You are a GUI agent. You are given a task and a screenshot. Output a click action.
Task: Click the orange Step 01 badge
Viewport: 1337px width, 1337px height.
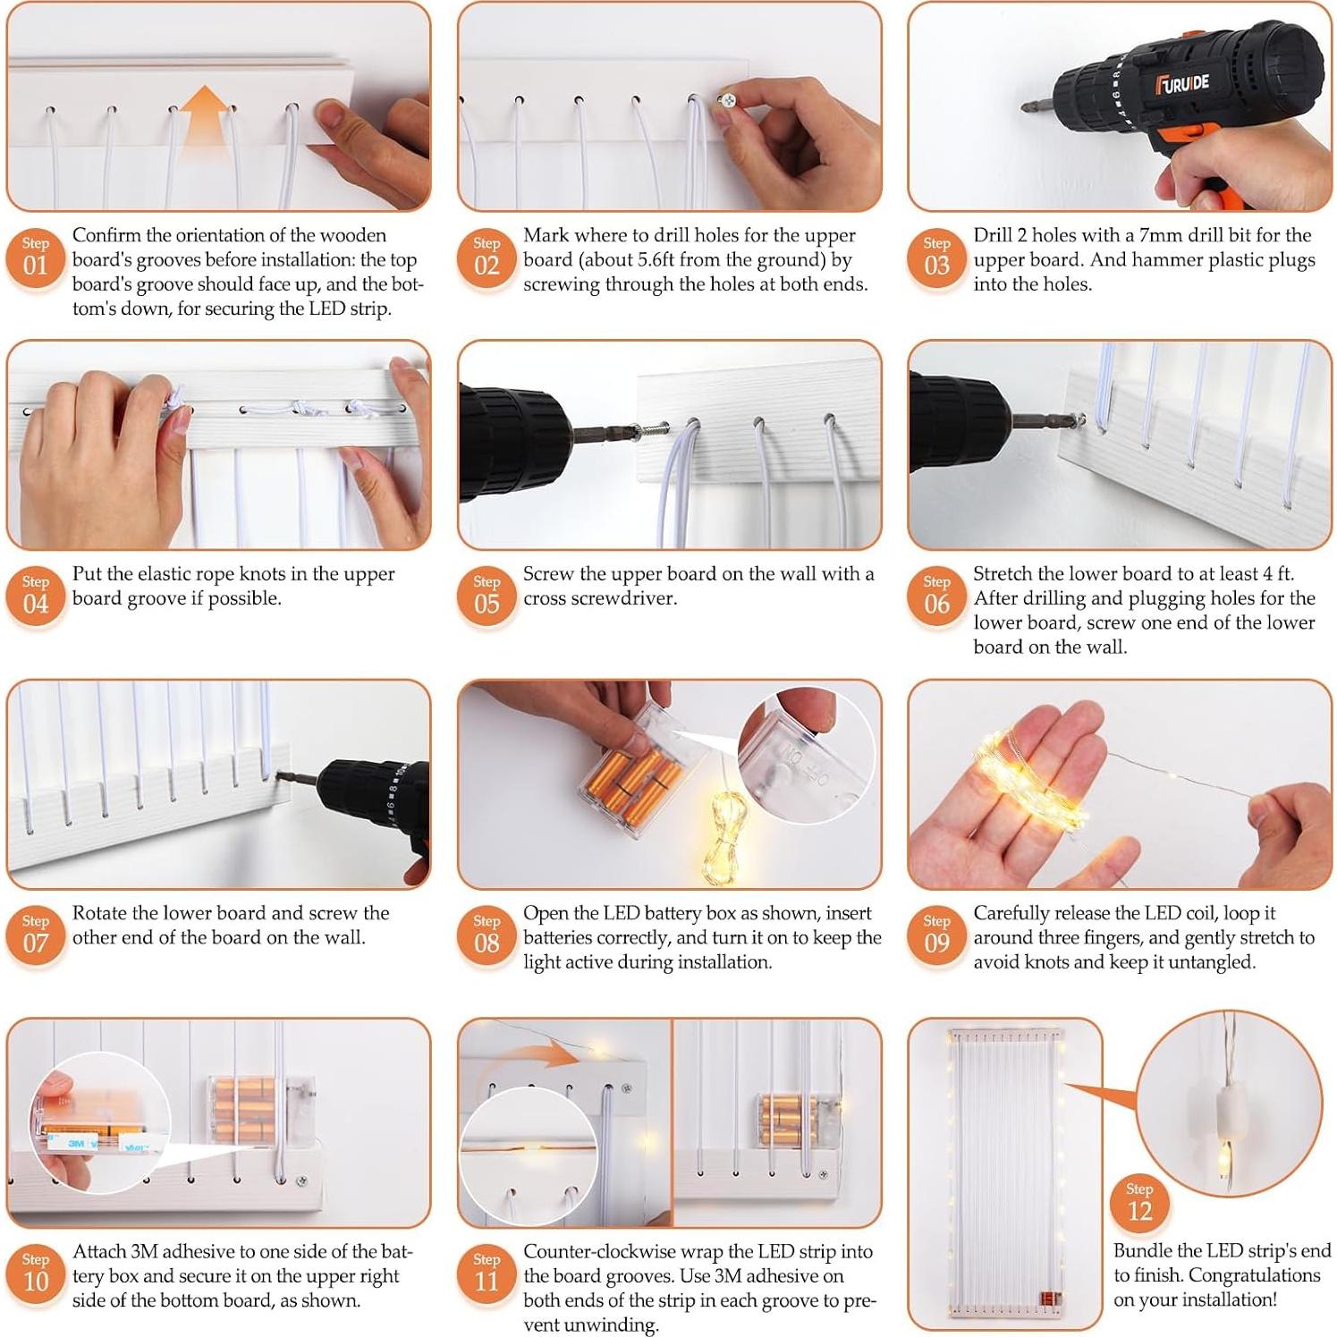(x=36, y=258)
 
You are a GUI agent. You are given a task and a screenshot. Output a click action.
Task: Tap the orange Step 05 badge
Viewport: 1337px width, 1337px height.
(x=487, y=596)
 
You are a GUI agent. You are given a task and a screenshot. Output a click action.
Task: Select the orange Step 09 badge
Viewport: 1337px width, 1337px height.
(x=936, y=935)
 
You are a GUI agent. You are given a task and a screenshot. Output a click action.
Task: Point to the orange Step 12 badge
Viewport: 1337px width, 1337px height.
(x=1139, y=1203)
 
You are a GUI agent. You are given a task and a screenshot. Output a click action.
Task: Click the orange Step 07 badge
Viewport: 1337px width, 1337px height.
(x=36, y=935)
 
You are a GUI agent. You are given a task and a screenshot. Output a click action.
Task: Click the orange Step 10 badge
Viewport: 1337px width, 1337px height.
(x=36, y=1273)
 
